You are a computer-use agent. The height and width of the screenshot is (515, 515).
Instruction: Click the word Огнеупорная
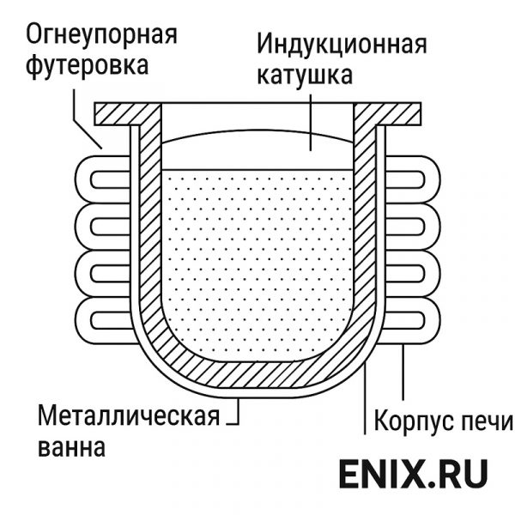point(100,36)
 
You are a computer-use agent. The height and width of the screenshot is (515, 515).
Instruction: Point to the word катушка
point(304,75)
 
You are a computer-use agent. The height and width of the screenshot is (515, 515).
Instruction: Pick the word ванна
point(72,447)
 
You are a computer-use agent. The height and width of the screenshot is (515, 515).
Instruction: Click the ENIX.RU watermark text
point(413,473)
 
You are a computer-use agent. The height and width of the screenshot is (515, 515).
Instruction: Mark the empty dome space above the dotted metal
point(257,150)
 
